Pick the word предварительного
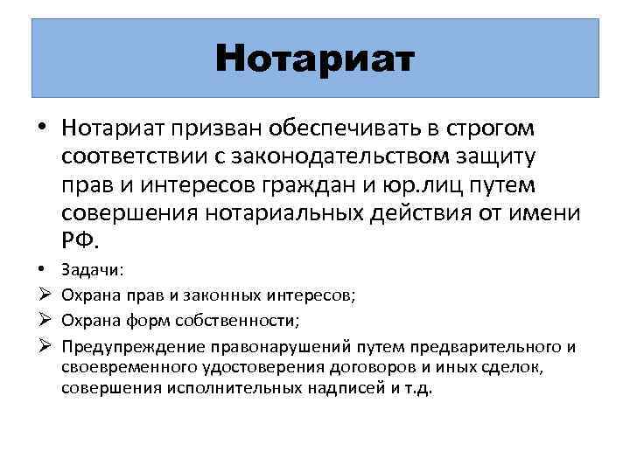460,347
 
